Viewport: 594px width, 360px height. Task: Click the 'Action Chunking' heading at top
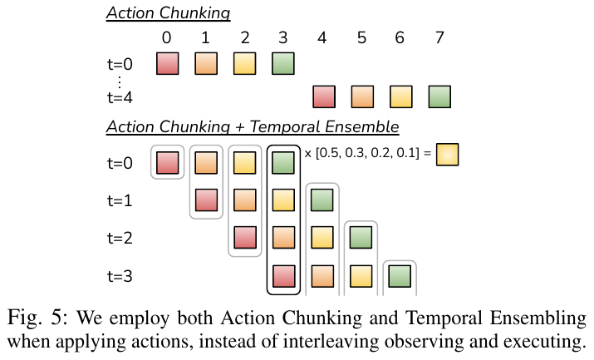coord(168,13)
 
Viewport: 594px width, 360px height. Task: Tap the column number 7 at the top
coord(439,38)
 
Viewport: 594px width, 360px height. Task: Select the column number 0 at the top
coord(166,38)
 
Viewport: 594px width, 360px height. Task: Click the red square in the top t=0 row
coord(168,64)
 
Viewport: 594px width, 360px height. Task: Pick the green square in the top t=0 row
coord(283,64)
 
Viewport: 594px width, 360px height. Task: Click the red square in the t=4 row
coord(324,97)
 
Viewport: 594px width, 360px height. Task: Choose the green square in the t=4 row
coord(439,97)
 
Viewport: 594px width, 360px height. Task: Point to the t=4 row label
coord(120,97)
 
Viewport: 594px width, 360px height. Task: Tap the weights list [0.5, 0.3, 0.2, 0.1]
coord(367,153)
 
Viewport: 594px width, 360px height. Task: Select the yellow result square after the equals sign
coord(448,155)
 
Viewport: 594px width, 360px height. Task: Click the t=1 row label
coord(120,200)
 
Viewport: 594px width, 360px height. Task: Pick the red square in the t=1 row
coord(207,200)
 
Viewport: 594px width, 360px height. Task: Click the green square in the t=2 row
coord(361,238)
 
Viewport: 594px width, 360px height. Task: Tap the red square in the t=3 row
coord(284,276)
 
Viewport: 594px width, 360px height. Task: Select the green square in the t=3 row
coord(400,276)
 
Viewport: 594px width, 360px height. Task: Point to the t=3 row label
coord(120,276)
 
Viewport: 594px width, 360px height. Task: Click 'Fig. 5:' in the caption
coord(37,318)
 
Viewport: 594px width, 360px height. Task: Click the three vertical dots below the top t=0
coord(120,81)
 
